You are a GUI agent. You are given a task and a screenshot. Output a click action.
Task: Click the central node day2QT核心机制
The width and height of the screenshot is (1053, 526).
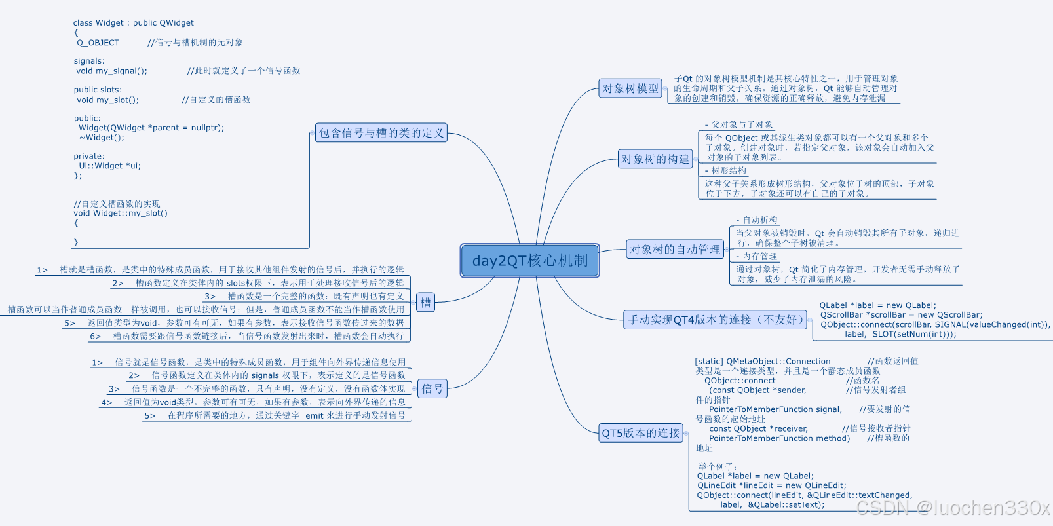coord(529,261)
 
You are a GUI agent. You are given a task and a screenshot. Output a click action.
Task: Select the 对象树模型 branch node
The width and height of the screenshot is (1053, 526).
coord(630,88)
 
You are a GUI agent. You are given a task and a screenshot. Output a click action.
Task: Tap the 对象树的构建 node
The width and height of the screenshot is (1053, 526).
coord(655,159)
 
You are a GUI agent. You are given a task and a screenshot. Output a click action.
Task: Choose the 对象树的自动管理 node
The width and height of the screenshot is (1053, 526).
coord(675,250)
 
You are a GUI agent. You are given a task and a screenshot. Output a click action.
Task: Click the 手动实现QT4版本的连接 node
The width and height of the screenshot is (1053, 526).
coord(714,320)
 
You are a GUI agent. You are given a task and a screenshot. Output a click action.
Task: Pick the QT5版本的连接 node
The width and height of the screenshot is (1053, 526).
coord(641,433)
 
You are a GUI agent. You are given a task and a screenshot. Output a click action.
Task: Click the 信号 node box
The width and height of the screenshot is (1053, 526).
coord(432,389)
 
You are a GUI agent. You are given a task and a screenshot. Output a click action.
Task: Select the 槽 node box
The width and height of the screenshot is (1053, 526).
coord(425,303)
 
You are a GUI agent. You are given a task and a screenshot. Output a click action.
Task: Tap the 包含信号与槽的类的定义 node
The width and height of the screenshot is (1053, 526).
coord(381,133)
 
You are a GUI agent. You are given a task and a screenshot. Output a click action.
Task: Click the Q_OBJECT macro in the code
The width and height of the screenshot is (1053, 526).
coord(98,43)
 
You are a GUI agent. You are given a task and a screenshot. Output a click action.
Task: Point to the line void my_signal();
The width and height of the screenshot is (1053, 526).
coord(112,71)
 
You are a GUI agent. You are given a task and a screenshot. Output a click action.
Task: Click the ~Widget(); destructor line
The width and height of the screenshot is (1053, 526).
coord(102,138)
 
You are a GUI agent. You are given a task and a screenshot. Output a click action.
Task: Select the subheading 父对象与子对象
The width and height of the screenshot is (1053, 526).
coord(742,124)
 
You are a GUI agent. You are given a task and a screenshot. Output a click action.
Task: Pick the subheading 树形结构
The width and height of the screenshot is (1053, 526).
coord(728,170)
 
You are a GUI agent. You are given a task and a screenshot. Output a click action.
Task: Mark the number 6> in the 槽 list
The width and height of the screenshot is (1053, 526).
coord(96,337)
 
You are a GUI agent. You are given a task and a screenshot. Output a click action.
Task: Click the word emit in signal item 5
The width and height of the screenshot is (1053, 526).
coord(315,416)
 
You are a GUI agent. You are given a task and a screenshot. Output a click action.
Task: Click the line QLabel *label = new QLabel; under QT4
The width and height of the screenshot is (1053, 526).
coord(877,305)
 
